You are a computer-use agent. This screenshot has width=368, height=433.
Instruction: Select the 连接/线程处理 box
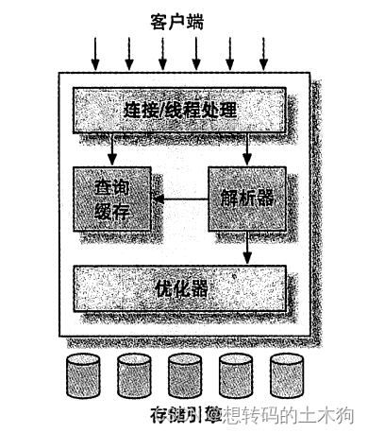(x=179, y=110)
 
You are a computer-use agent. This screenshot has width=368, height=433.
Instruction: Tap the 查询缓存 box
(x=113, y=198)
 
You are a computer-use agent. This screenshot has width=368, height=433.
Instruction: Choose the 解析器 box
(x=246, y=199)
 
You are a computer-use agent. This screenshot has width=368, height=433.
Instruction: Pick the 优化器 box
(x=180, y=287)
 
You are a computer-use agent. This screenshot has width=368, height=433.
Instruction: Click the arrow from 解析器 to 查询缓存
(x=181, y=199)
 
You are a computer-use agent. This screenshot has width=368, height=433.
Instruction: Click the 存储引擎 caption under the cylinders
(x=184, y=414)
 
